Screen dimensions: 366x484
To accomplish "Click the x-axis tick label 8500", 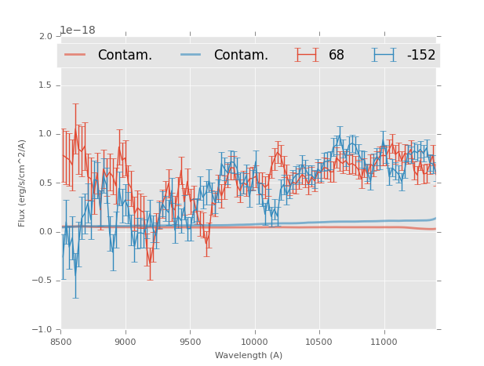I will click(x=61, y=342).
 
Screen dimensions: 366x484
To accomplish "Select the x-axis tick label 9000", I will click(x=126, y=342).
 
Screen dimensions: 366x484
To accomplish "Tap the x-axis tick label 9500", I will click(x=190, y=342).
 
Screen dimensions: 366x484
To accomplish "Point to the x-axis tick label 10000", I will click(x=254, y=342).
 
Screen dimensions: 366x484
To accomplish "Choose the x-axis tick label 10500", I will click(x=319, y=342).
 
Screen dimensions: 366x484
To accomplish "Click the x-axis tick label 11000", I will click(x=384, y=342).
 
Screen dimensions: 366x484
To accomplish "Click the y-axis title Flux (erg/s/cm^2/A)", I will click(x=23, y=183).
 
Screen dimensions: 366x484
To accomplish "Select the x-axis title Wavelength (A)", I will click(x=249, y=355).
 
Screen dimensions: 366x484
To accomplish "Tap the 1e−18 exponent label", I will click(x=78, y=31).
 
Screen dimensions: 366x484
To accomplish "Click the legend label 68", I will click(x=337, y=56).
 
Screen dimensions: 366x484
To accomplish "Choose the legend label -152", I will click(x=420, y=56).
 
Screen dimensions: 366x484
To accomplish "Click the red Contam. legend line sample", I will click(x=75, y=55).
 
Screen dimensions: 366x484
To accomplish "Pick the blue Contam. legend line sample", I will click(x=191, y=55).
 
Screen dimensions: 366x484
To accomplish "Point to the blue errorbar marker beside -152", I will click(x=384, y=55).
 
